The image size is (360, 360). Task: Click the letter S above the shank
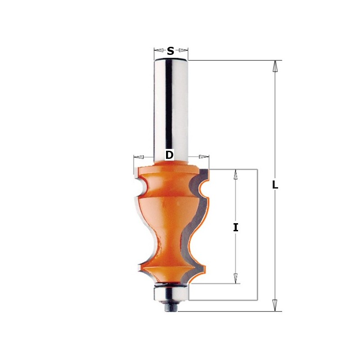tap(171, 51)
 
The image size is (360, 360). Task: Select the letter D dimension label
tap(169, 155)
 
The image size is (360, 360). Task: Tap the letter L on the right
tap(275, 185)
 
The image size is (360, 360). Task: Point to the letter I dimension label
tap(235, 228)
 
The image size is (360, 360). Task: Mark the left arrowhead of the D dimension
tap(139, 157)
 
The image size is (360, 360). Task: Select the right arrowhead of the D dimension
tap(204, 157)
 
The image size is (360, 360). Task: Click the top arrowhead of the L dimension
tap(275, 67)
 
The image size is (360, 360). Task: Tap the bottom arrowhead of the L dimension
tap(275, 305)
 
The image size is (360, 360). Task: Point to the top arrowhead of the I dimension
tap(235, 175)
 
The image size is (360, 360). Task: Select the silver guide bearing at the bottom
tap(171, 294)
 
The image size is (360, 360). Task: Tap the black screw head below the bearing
tap(171, 308)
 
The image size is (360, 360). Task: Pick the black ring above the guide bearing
tap(171, 284)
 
